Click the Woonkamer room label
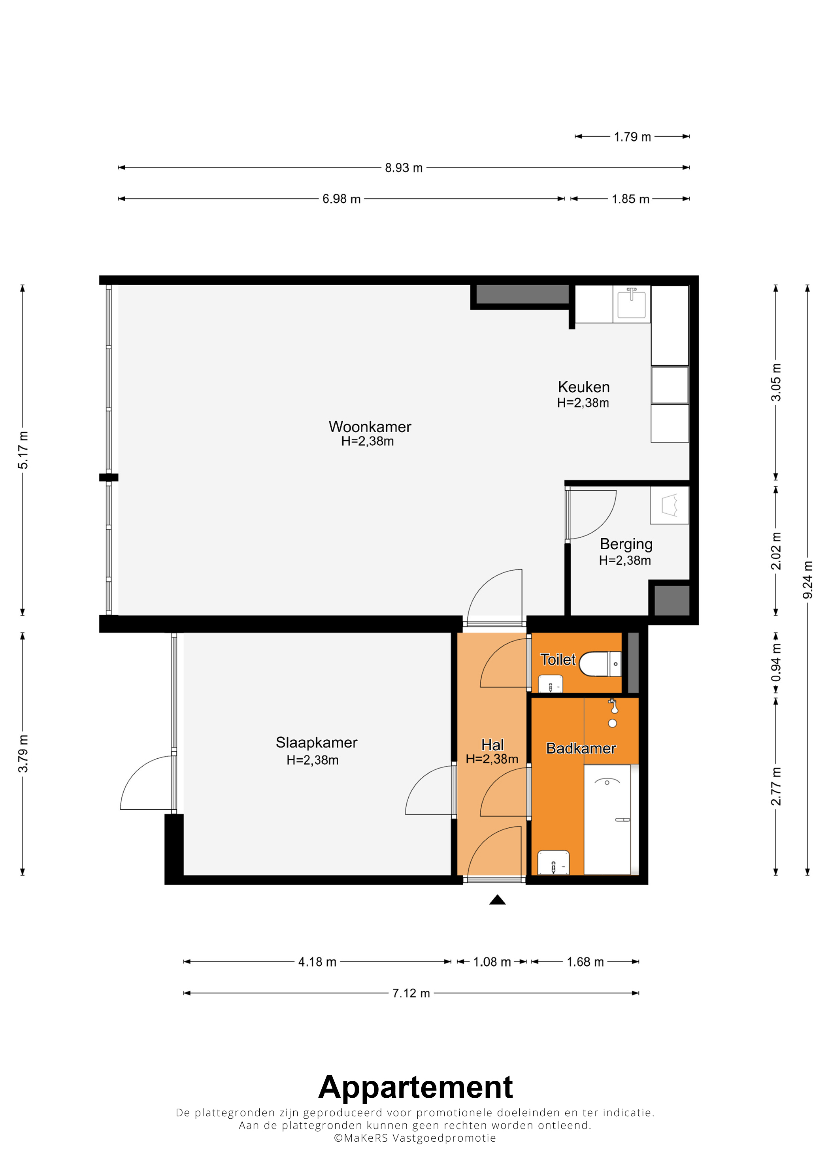tap(370, 426)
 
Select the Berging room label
tap(626, 544)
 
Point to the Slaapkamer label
tap(317, 742)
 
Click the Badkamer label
tap(581, 748)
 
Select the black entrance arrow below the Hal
tap(497, 900)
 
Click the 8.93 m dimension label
tap(404, 168)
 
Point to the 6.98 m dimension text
tap(341, 199)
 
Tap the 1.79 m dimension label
tap(632, 137)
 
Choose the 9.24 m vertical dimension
tap(807, 580)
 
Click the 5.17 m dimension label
tap(23, 450)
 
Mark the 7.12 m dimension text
tap(411, 993)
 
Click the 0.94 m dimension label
tap(776, 663)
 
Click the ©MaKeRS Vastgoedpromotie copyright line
tap(415, 1138)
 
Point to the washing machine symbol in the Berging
tap(670, 505)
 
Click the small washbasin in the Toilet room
tap(550, 684)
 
